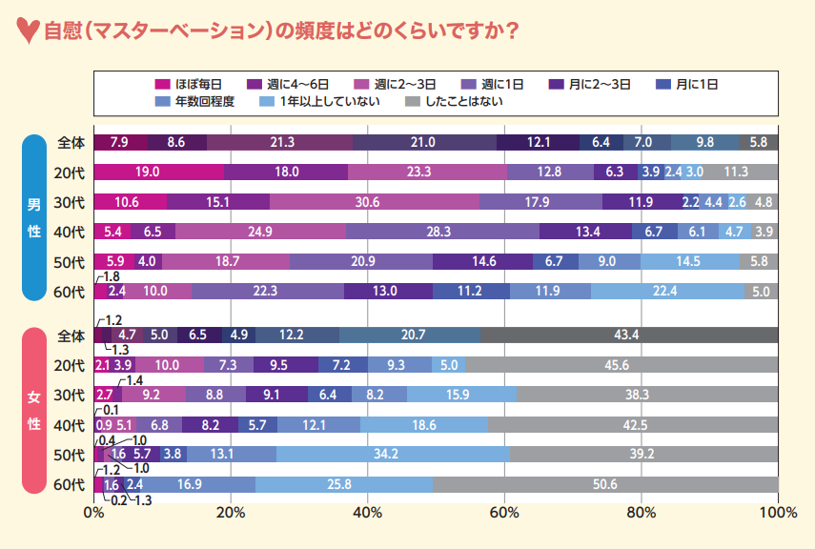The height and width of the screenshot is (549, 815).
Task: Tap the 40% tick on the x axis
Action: pyautogui.click(x=367, y=513)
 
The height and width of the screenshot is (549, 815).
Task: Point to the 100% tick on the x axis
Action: pyautogui.click(x=778, y=513)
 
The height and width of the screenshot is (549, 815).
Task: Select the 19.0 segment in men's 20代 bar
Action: pyautogui.click(x=159, y=172)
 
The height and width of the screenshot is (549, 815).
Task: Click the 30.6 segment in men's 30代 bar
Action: pyautogui.click(x=375, y=202)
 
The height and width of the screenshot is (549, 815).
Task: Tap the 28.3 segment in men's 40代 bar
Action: pyautogui.click(x=442, y=232)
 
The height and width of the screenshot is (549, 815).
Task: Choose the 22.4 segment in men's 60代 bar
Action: pyautogui.click(x=667, y=292)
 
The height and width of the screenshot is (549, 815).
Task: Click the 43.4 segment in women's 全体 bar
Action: pyautogui.click(x=629, y=335)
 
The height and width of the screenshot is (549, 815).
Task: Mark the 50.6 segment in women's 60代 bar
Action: pyautogui.click(x=604, y=484)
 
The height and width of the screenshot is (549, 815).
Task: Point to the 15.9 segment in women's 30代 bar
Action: pyautogui.click(x=461, y=395)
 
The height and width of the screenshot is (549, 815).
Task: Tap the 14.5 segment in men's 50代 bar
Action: pyautogui.click(x=689, y=262)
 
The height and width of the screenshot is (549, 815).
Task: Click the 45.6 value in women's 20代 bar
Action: pyautogui.click(x=621, y=365)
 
